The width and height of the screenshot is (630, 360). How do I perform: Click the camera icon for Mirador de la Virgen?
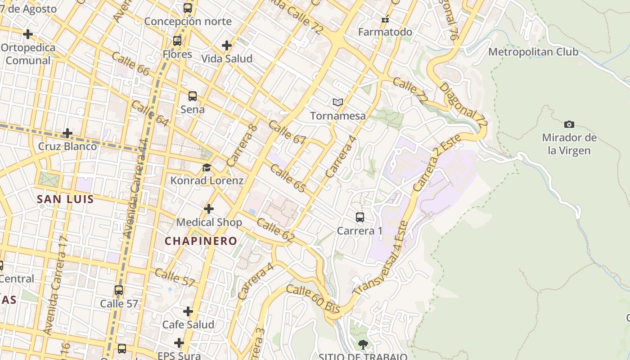pos(569,124)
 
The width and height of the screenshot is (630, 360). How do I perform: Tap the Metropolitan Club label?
pos(533,52)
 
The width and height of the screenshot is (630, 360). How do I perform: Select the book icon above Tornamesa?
pos(338,102)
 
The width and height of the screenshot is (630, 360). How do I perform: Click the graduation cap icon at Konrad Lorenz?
pos(207,168)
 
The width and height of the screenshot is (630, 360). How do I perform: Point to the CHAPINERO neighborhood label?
pos(201,241)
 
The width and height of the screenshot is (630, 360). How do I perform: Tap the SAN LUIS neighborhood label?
pos(65,199)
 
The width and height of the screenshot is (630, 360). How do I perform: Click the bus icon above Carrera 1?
pos(360,217)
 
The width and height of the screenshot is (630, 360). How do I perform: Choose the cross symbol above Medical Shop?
pos(209,209)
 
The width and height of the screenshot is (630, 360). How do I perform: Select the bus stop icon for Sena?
pos(193,96)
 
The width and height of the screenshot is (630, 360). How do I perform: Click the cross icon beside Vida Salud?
pos(227,45)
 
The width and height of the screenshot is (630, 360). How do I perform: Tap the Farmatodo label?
pos(385,32)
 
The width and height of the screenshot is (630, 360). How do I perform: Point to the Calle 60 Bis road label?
pos(313,299)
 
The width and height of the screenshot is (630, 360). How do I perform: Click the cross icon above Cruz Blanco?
pos(67,133)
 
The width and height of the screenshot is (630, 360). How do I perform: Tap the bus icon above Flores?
pos(177,41)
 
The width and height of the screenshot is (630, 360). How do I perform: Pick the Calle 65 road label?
pos(288,179)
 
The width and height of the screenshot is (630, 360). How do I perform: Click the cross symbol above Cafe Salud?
pos(188,311)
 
